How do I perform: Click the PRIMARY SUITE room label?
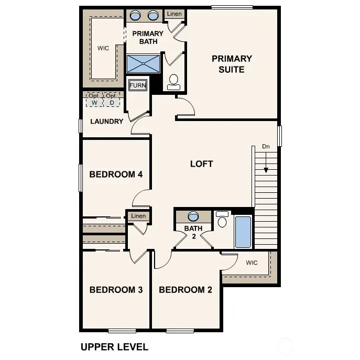[232, 64]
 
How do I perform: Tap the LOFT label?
[201, 164]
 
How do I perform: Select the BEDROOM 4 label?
[116, 174]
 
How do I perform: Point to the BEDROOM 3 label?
[116, 290]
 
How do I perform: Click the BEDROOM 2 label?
[186, 290]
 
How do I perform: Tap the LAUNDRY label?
[106, 122]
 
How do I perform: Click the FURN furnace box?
[138, 85]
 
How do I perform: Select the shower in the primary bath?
[143, 64]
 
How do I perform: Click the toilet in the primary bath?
[174, 81]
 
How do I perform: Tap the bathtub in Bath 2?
[243, 231]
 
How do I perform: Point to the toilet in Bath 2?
[222, 220]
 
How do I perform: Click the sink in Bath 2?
[193, 216]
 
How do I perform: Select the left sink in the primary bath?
[135, 15]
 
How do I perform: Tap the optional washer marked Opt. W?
[94, 100]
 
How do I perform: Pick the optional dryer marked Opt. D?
[111, 100]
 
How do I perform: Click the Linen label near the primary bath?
[174, 14]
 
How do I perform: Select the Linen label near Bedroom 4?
[138, 216]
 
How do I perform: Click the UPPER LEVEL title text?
[114, 347]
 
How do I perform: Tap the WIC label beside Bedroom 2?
[252, 263]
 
